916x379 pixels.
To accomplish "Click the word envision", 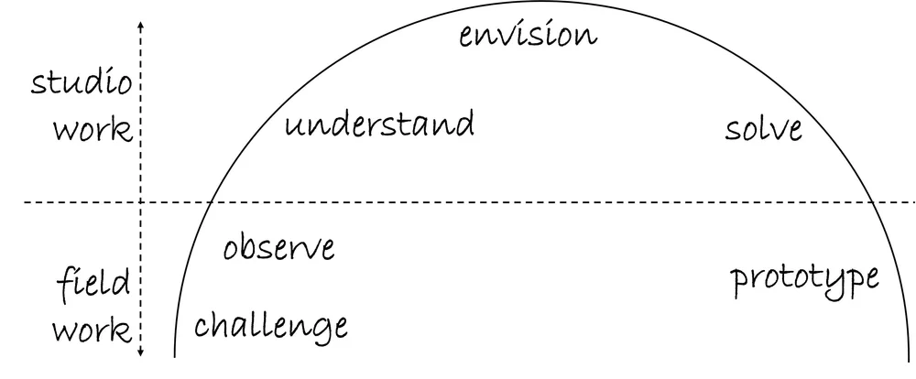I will pos(528,36).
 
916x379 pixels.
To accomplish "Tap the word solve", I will pos(763,128).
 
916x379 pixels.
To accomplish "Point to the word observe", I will pos(279,247).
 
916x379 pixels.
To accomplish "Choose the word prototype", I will pos(805,278).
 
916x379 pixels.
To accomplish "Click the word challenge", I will pos(271,324).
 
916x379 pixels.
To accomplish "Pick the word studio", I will pos(82,83).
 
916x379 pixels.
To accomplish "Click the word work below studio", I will pos(92,130).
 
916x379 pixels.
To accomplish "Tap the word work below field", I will pos(92,329).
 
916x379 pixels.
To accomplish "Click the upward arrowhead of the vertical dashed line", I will pos(140,24).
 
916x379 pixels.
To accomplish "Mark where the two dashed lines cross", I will pos(140,201).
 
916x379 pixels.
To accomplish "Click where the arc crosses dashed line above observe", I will pos(211,201).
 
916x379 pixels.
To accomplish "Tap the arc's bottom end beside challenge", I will pos(175,355).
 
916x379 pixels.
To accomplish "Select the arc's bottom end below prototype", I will pos(896,355).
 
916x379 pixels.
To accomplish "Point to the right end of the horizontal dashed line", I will pos(912,201).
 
